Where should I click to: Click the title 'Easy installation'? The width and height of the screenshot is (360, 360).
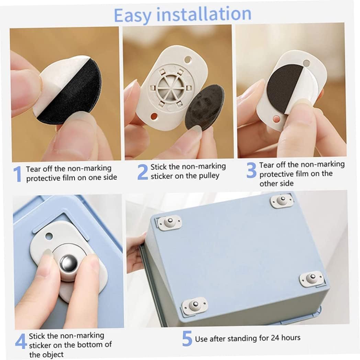coord(182,15)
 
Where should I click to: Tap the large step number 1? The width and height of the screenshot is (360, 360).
coord(18,174)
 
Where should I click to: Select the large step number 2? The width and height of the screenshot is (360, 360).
coord(143,172)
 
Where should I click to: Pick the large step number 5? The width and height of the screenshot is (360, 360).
coord(187,338)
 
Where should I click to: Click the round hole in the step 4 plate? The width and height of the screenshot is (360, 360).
coord(49,236)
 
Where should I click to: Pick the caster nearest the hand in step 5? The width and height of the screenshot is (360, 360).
coord(169,223)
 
